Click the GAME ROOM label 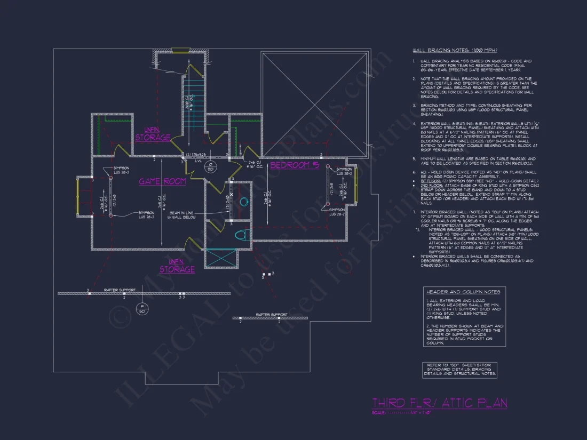(163, 181)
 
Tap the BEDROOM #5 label (295, 165)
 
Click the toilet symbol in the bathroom (242, 235)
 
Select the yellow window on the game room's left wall (78, 196)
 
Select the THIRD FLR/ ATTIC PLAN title (439, 403)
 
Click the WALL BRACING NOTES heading (455, 50)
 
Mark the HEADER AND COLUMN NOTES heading (463, 292)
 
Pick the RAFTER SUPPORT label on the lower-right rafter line (272, 315)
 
